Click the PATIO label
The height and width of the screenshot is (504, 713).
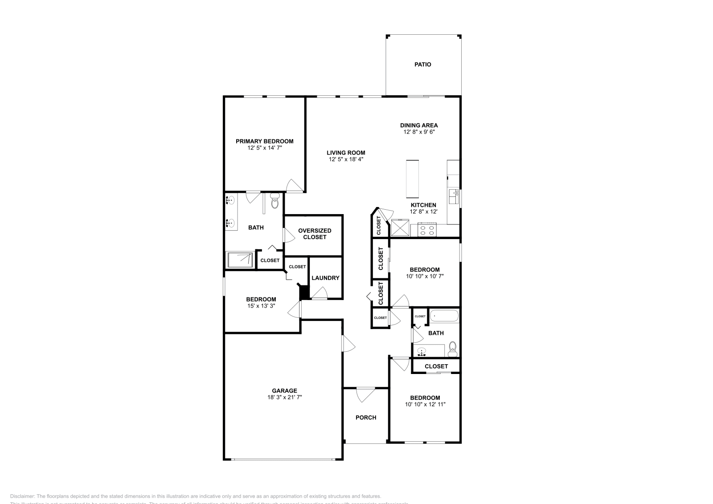click(422, 65)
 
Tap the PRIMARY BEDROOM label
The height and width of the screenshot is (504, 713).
click(264, 141)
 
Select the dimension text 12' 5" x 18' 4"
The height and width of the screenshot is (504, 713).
click(346, 159)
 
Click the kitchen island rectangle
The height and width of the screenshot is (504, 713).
click(412, 179)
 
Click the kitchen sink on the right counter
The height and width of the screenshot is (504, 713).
click(454, 195)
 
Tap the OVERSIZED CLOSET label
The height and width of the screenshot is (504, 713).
click(315, 234)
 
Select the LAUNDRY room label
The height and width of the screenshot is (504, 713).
click(325, 278)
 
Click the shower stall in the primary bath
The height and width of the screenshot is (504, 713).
click(240, 260)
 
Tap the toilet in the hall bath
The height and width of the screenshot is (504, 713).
click(453, 349)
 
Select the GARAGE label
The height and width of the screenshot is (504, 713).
click(285, 391)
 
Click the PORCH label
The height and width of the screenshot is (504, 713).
click(365, 418)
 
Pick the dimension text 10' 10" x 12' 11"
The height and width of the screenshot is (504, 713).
click(425, 405)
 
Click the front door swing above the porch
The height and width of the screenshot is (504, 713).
click(365, 394)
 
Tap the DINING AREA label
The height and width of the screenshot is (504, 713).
click(418, 125)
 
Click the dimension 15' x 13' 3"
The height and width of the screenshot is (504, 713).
click(261, 306)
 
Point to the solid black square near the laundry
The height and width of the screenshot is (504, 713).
click(304, 293)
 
